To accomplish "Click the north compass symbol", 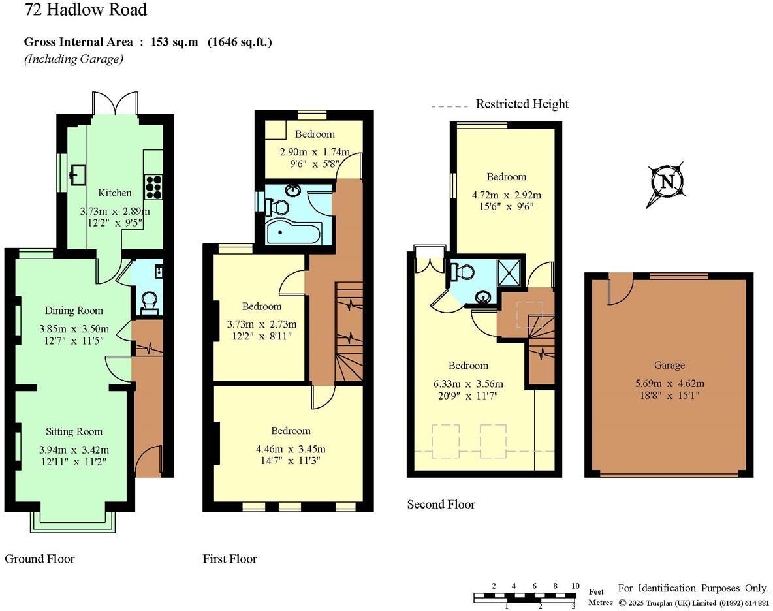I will tap(667, 182).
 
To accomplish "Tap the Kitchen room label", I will tap(115, 193).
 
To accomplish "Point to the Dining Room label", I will tap(74, 310).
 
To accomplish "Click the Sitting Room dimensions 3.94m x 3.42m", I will tap(74, 450).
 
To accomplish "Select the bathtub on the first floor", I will tap(294, 232).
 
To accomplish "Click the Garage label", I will tap(669, 365).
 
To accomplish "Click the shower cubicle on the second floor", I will tap(510, 270).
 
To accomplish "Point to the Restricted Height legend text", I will tap(522, 104).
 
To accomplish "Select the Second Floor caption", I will tap(441, 504).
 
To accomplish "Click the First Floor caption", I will tap(230, 559).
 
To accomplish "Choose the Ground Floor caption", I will tap(40, 559).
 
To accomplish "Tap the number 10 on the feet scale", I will tap(575, 586).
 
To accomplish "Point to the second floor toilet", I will tap(465, 272).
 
